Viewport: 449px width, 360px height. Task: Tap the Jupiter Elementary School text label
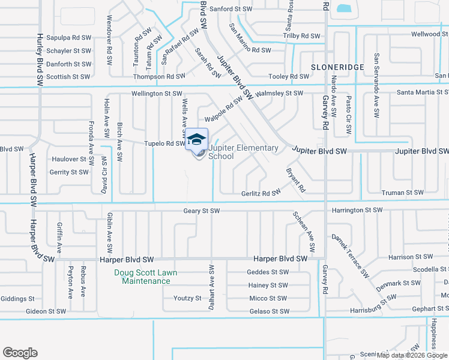[243, 152]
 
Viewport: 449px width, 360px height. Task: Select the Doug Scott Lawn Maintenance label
[142, 277]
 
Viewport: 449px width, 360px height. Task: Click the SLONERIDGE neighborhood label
[337, 67]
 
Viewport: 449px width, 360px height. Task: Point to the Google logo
[20, 353]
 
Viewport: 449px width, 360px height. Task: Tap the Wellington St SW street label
[157, 94]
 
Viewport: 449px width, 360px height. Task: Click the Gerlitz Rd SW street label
[261, 193]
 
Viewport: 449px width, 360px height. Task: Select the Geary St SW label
[202, 211]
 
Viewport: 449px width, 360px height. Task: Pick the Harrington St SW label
[357, 210]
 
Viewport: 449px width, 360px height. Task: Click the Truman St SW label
[402, 193]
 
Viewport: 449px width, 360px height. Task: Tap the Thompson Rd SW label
[159, 76]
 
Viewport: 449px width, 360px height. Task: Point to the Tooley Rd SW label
[289, 76]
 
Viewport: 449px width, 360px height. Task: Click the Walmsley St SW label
[279, 94]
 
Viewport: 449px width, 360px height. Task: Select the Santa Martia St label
[423, 92]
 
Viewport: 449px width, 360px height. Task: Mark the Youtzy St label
[187, 298]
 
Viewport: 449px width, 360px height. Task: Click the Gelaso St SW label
[269, 311]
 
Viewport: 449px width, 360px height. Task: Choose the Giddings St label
[17, 298]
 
